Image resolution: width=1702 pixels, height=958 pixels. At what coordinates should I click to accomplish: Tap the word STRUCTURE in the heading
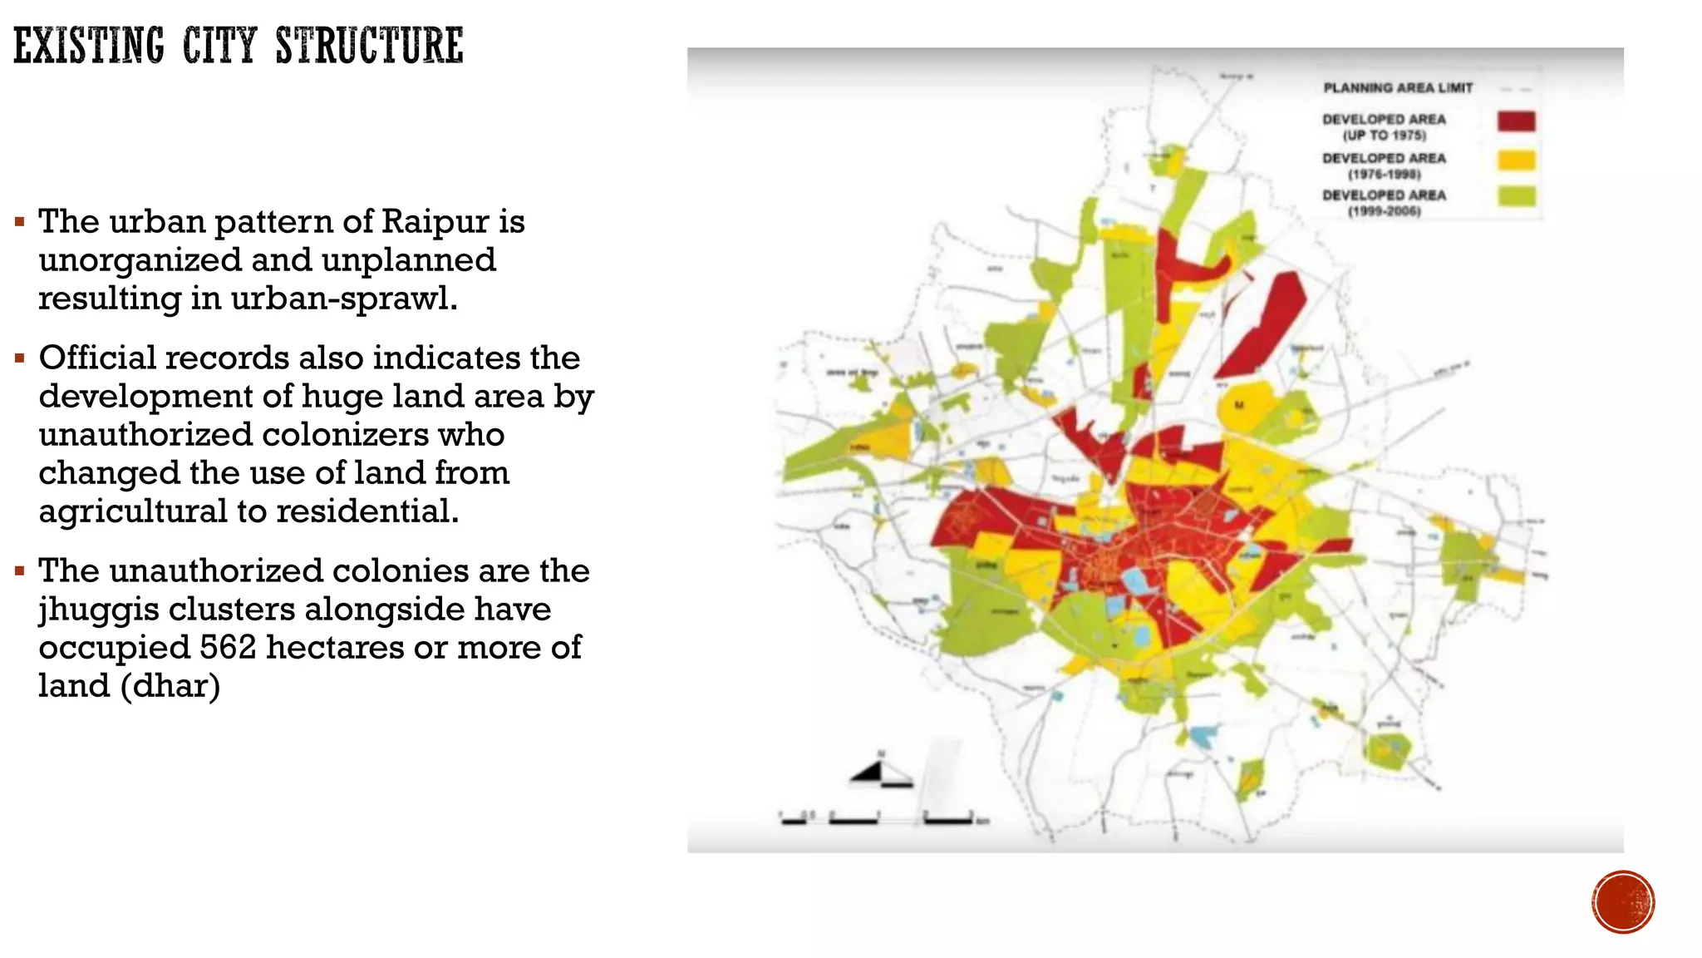pyautogui.click(x=369, y=46)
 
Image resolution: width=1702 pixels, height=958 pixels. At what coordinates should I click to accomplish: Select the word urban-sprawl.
pyautogui.click(x=344, y=299)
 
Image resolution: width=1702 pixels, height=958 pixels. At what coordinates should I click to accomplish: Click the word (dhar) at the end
pyautogui.click(x=171, y=686)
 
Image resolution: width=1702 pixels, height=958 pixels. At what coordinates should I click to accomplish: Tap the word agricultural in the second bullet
pyautogui.click(x=132, y=511)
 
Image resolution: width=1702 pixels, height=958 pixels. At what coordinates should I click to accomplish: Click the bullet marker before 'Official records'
pyautogui.click(x=20, y=359)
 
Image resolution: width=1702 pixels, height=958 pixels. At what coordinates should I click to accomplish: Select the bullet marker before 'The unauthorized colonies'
pyautogui.click(x=20, y=572)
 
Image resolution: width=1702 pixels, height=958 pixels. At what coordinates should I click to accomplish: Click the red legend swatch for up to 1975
pyautogui.click(x=1516, y=121)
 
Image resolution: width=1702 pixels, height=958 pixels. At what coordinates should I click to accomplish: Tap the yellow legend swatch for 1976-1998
pyautogui.click(x=1516, y=160)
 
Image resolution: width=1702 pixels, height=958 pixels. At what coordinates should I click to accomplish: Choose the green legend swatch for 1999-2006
pyautogui.click(x=1516, y=197)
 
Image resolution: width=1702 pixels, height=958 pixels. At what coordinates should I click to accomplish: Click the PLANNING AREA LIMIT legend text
pyautogui.click(x=1398, y=88)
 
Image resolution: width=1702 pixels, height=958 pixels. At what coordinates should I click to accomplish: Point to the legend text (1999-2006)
pyautogui.click(x=1384, y=212)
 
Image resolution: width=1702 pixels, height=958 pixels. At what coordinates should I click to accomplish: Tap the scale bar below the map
pyautogui.click(x=881, y=819)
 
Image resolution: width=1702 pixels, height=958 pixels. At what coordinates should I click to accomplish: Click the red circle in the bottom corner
pyautogui.click(x=1623, y=901)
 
